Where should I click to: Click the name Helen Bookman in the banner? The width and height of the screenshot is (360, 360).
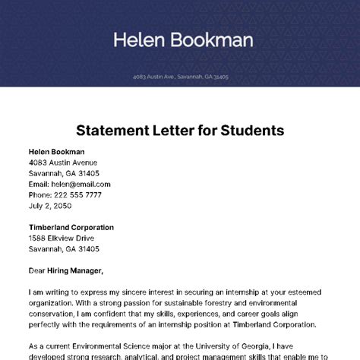183,39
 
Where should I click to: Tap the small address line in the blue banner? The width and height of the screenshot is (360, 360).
180,77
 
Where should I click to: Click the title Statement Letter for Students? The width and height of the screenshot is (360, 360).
180,130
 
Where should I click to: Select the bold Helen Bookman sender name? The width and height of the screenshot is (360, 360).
57,152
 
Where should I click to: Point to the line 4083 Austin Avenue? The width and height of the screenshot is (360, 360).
63,163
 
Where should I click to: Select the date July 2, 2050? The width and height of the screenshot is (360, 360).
50,205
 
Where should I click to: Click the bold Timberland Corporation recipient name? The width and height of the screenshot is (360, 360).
71,227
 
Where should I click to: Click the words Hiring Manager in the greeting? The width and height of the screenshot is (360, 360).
78,270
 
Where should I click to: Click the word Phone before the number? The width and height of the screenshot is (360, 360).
41,194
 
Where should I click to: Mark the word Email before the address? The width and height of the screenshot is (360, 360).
39,184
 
